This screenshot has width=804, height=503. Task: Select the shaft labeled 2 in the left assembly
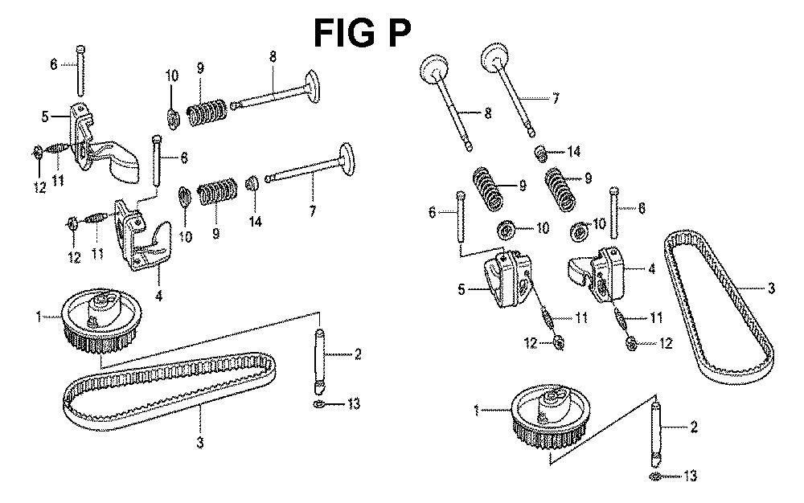[319, 354]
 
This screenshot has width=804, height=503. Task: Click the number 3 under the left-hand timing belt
[201, 442]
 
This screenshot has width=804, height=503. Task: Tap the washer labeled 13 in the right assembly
[655, 477]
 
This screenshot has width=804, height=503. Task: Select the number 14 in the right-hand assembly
[573, 151]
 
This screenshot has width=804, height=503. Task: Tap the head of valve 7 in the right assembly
[493, 59]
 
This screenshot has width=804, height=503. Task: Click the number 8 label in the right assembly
[488, 115]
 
